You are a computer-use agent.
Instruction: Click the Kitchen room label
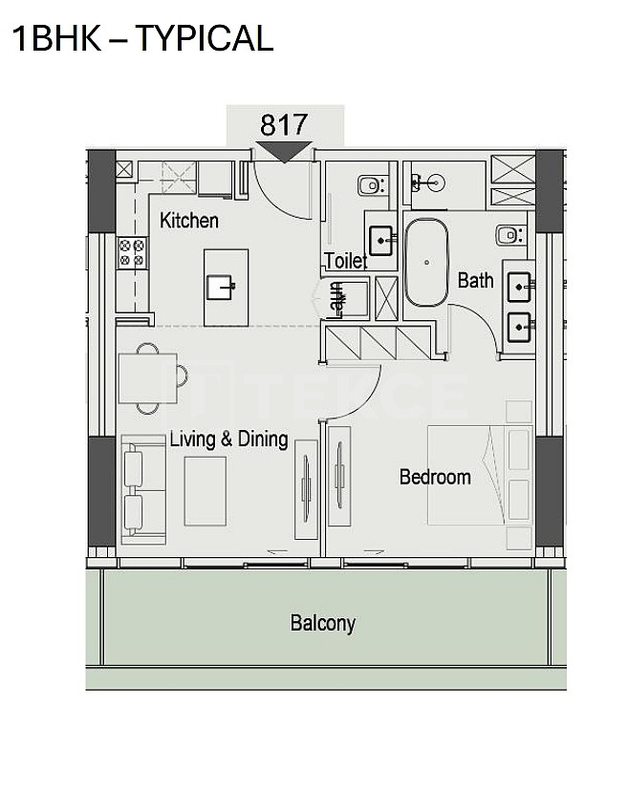click(x=188, y=221)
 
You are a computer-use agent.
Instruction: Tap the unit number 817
click(x=284, y=124)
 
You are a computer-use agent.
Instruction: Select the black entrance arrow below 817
click(x=284, y=152)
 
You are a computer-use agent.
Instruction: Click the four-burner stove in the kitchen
click(x=132, y=253)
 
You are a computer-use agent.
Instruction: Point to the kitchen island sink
click(x=222, y=288)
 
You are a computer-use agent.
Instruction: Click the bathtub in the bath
click(x=426, y=262)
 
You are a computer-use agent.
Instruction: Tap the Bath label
click(x=475, y=280)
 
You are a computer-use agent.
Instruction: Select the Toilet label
click(x=346, y=261)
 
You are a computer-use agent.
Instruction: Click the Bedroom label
click(x=435, y=477)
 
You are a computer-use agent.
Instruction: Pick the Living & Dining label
click(x=228, y=439)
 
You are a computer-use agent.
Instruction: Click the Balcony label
click(x=323, y=623)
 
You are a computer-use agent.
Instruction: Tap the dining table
click(x=148, y=377)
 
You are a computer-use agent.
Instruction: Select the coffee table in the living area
click(x=205, y=491)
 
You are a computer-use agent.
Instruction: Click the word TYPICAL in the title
click(x=205, y=38)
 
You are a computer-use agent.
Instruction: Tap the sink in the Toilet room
click(x=380, y=240)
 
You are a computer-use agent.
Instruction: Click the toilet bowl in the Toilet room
click(x=372, y=185)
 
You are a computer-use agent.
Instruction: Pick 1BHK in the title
click(x=56, y=38)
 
